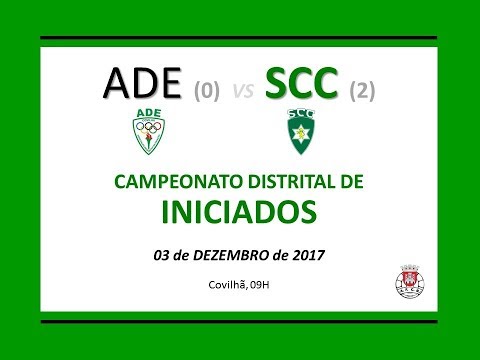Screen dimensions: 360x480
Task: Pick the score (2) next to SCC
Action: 361,92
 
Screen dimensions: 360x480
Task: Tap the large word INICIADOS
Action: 240,211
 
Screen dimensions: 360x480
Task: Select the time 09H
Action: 263,285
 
